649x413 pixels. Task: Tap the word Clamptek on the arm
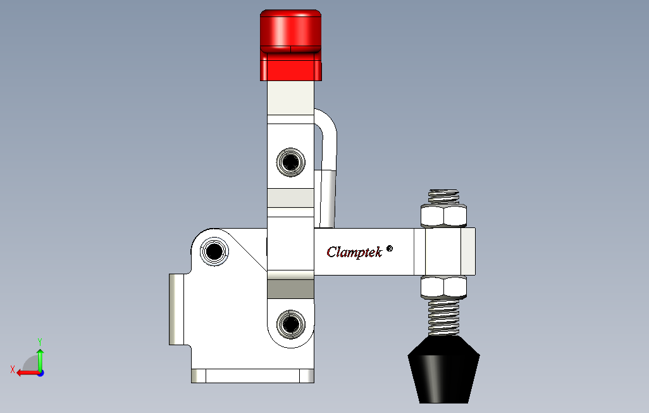point(354,251)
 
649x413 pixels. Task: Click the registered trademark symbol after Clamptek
point(390,249)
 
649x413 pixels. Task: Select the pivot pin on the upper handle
point(290,162)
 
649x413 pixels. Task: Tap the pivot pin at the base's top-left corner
point(214,252)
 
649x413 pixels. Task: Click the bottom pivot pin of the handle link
point(290,325)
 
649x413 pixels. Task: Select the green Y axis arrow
point(40,358)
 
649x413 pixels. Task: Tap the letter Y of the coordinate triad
point(40,341)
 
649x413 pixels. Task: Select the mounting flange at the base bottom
point(252,376)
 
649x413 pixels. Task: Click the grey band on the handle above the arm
point(290,198)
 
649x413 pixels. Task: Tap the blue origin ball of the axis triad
point(40,373)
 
